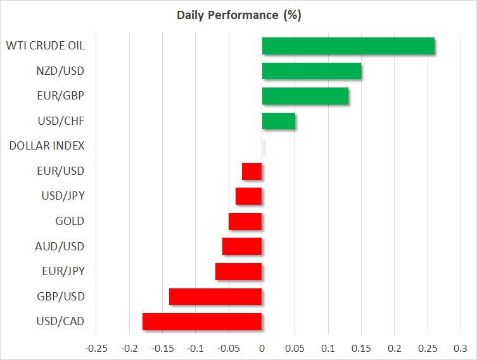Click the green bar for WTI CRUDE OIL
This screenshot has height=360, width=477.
348,46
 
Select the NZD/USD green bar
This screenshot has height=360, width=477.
312,71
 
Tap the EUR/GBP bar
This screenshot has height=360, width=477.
305,96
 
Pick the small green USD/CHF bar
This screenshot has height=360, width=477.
279,121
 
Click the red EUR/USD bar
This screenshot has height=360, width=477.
252,171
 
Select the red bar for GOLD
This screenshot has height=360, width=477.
245,222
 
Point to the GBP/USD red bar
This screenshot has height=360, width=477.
215,297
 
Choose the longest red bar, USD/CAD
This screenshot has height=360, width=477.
202,322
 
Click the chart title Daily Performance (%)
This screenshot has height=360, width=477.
239,15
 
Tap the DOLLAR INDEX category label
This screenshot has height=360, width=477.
47,146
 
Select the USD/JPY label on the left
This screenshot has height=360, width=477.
63,196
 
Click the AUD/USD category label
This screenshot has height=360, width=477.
60,246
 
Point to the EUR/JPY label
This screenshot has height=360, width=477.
63,271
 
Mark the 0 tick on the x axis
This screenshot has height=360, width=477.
262,348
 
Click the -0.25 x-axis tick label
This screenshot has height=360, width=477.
96,348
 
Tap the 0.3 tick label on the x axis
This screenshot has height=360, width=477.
461,348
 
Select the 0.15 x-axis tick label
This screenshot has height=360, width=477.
362,348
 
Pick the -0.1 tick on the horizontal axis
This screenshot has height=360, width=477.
195,348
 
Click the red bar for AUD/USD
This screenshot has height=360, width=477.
242,247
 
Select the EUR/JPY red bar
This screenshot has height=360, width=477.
238,271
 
